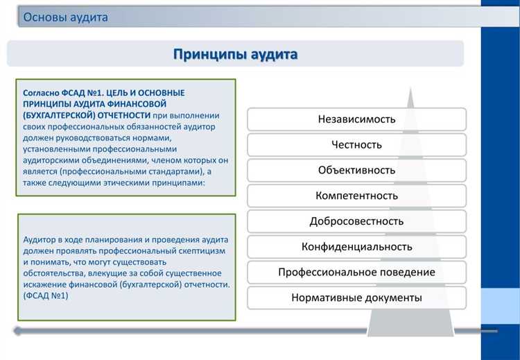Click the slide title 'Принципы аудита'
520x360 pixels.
(235, 53)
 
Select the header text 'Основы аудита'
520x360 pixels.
(66, 17)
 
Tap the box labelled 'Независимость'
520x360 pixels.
(356, 119)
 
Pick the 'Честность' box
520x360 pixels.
(356, 144)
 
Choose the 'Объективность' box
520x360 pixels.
(356, 170)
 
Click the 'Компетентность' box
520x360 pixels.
(356, 196)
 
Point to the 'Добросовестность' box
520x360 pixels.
(356, 221)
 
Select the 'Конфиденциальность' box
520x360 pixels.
(356, 247)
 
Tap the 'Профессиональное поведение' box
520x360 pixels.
(356, 272)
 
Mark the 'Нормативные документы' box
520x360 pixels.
(356, 298)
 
